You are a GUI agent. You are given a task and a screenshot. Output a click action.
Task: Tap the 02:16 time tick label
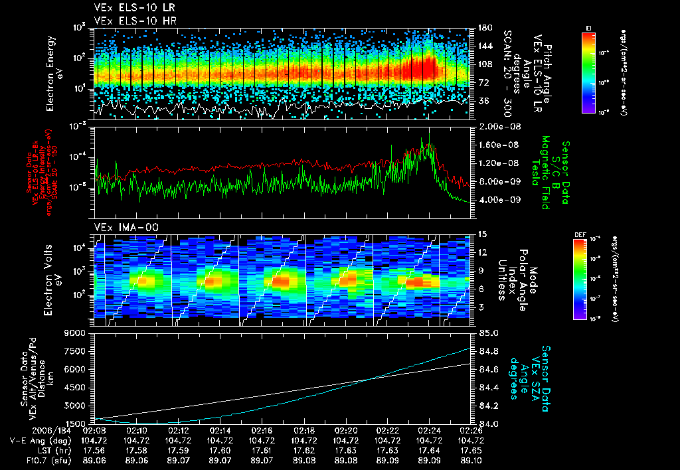[x=262, y=430]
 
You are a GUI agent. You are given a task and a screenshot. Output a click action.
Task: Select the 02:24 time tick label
[x=430, y=430]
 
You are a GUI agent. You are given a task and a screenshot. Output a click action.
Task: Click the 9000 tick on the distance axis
[x=79, y=333]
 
